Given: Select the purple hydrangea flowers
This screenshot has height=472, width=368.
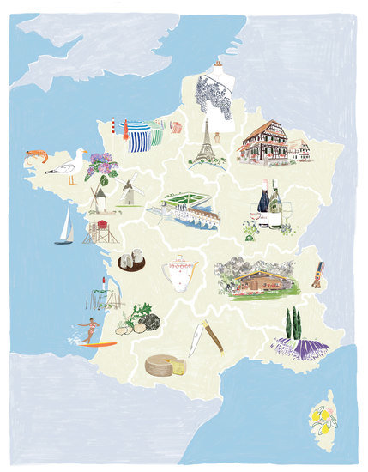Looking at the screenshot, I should point(101,164).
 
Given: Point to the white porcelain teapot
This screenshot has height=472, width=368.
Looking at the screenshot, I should point(181,273).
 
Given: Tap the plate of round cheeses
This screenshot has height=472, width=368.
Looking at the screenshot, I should point(130,261).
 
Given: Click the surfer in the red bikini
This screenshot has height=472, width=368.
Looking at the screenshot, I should point(89,330).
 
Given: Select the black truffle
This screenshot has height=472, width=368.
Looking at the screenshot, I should point(150,322).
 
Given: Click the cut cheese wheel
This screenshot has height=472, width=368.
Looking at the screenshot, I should point(165,366).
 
